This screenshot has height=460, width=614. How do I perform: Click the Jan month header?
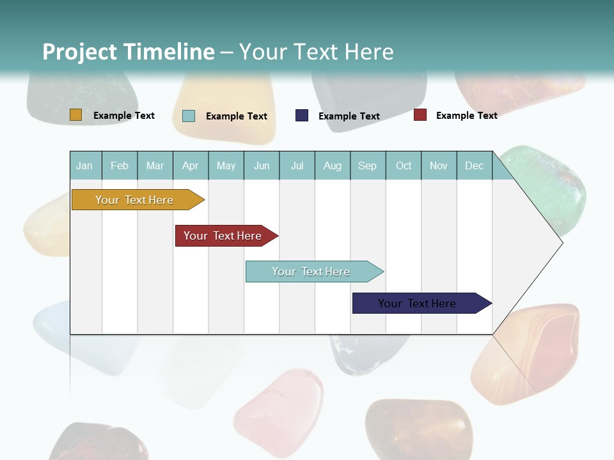(84, 165)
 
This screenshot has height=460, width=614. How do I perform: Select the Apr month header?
(190, 165)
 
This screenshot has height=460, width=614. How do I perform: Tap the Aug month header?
(332, 165)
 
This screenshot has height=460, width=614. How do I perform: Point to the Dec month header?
(474, 165)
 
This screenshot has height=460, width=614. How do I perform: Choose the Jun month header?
(262, 165)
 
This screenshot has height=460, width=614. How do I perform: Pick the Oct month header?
(404, 165)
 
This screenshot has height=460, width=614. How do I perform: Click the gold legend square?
(76, 115)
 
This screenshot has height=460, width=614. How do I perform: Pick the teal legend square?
(189, 116)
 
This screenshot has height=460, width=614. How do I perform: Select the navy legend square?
(302, 116)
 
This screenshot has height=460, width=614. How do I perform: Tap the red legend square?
(420, 115)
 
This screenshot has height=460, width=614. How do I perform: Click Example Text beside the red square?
(466, 116)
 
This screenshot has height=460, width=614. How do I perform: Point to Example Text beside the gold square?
(123, 116)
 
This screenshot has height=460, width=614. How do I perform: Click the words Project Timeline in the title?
(129, 52)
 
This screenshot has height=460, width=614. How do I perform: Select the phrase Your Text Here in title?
(316, 52)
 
